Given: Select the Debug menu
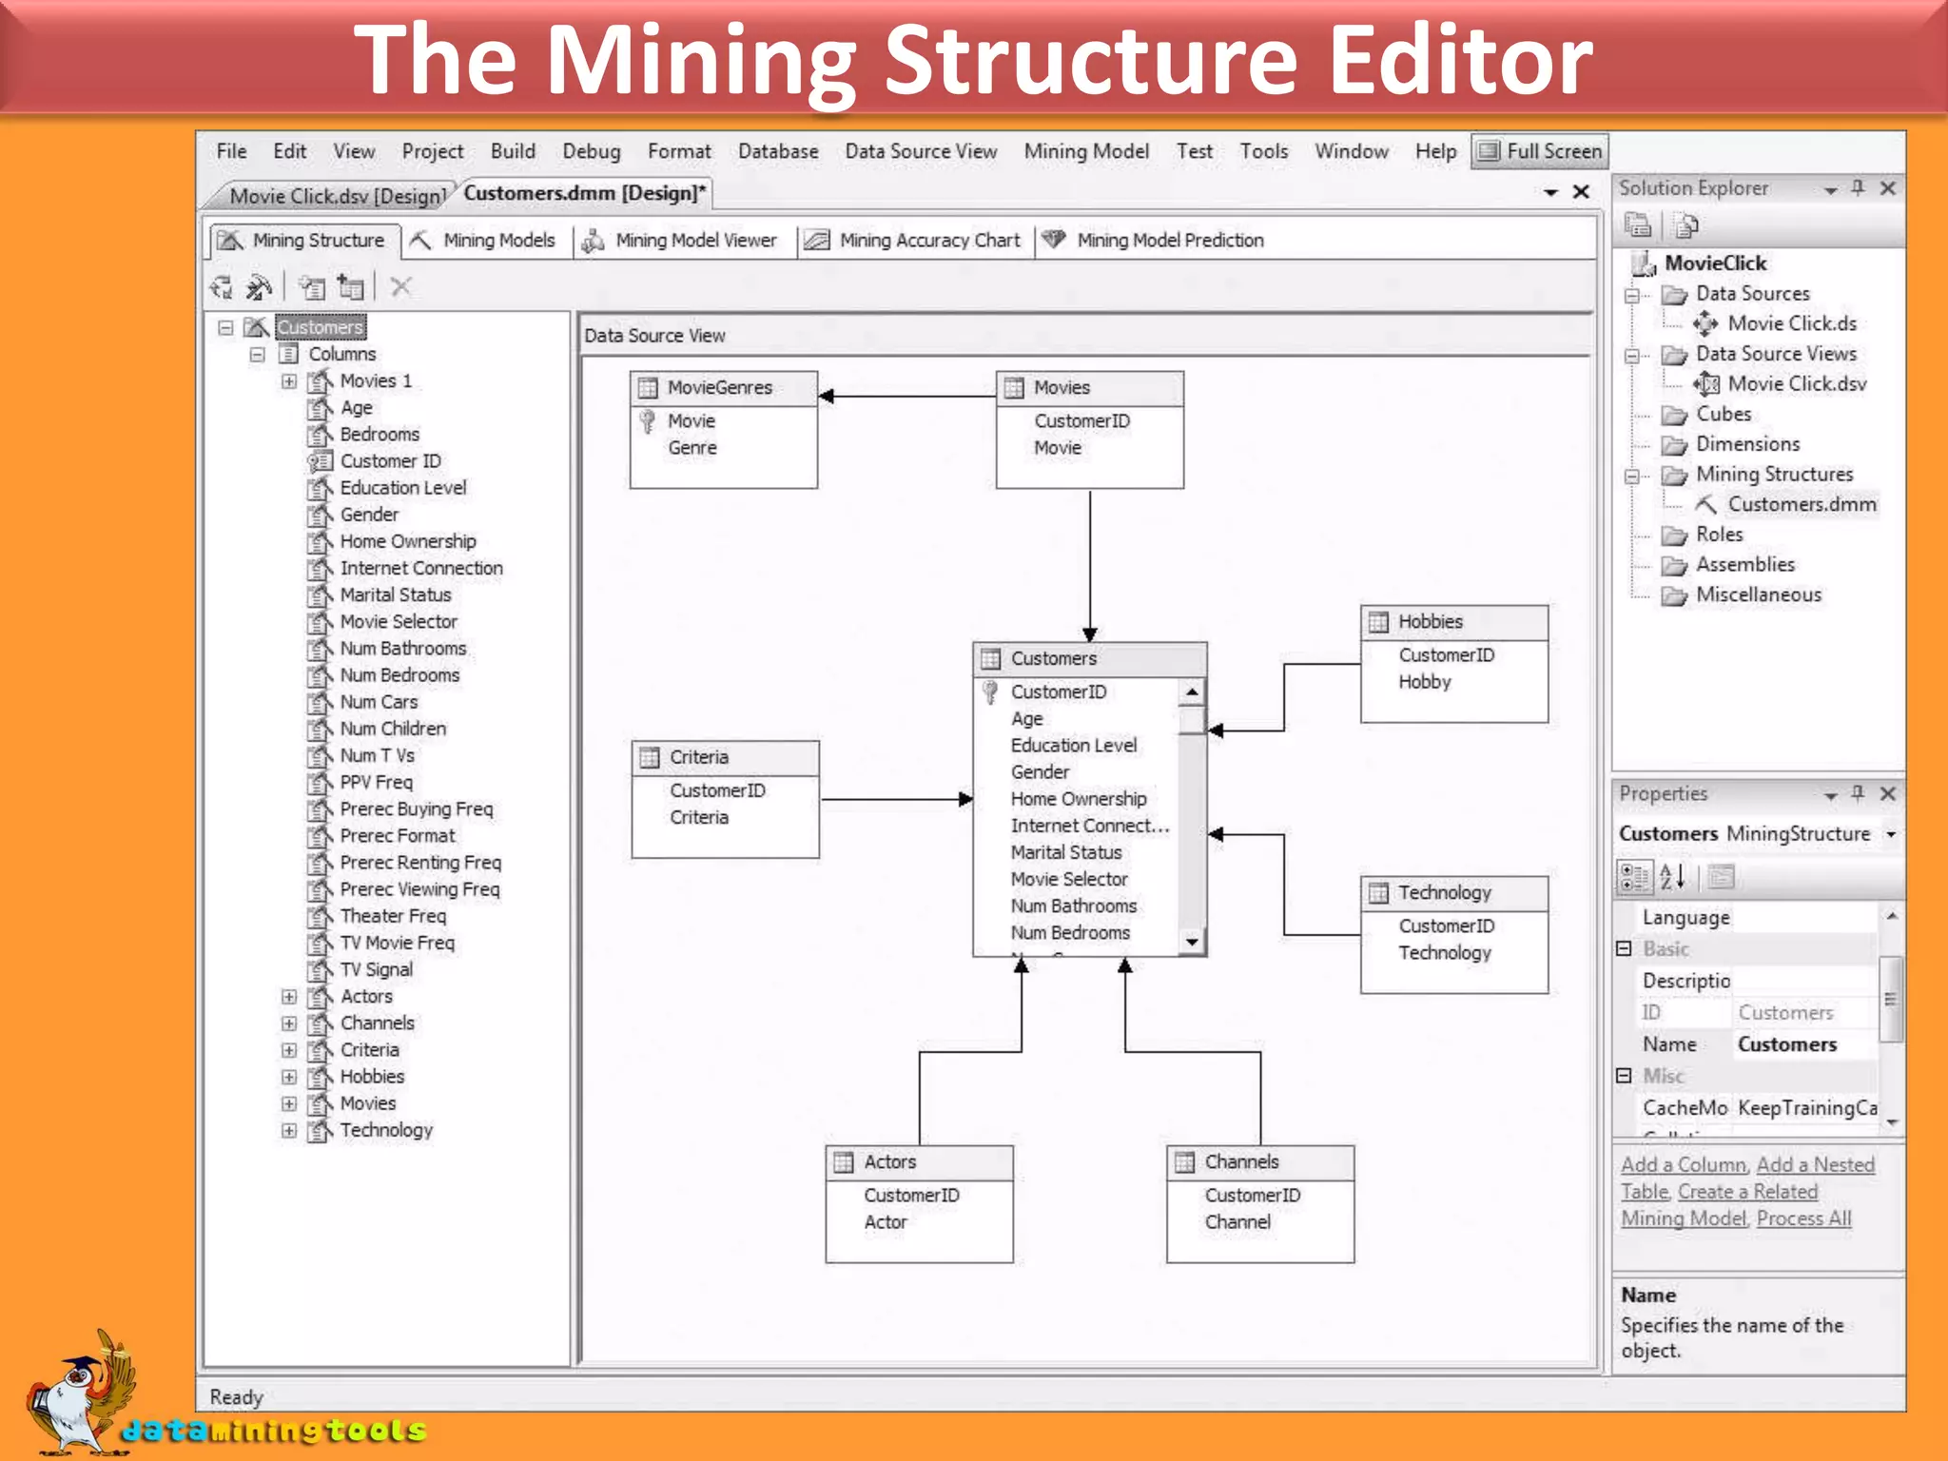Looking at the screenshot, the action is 591,151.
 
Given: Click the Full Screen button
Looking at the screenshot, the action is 1540,151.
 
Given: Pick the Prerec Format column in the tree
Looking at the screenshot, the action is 397,836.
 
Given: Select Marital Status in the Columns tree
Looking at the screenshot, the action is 395,595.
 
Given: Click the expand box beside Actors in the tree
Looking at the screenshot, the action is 289,997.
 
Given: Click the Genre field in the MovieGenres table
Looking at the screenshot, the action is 692,448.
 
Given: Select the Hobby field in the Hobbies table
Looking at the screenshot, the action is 1424,682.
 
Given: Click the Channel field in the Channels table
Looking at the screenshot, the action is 1237,1222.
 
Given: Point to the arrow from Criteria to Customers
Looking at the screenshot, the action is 894,799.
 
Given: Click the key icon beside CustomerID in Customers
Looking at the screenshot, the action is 990,692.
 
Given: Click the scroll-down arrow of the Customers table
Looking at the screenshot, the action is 1192,942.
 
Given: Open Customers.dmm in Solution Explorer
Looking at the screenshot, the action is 1801,504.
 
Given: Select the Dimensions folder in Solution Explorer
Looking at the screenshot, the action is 1746,444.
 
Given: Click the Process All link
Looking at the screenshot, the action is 1803,1218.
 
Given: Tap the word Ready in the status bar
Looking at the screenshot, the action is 236,1397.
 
